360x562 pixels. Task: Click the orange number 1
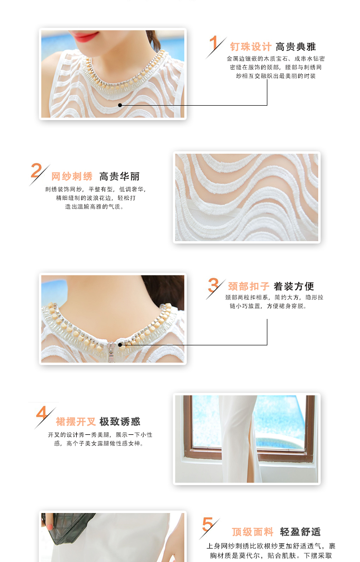(x=214, y=43)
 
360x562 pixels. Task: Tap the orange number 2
(x=36, y=170)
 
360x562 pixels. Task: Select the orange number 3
(x=213, y=285)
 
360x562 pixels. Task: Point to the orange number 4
(x=42, y=413)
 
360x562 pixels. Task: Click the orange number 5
(x=208, y=524)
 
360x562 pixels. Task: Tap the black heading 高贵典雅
(x=296, y=47)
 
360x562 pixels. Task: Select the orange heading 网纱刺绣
(x=72, y=176)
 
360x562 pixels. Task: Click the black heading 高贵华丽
(x=120, y=176)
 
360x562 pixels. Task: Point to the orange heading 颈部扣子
(x=249, y=286)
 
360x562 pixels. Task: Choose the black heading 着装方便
(x=294, y=286)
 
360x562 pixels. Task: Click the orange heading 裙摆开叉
(x=76, y=422)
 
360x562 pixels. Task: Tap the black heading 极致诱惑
(x=120, y=422)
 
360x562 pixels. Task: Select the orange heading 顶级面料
(x=252, y=532)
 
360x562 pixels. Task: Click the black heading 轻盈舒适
(x=300, y=532)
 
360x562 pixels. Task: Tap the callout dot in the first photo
(x=120, y=105)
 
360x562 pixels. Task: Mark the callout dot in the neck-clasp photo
(x=120, y=345)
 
